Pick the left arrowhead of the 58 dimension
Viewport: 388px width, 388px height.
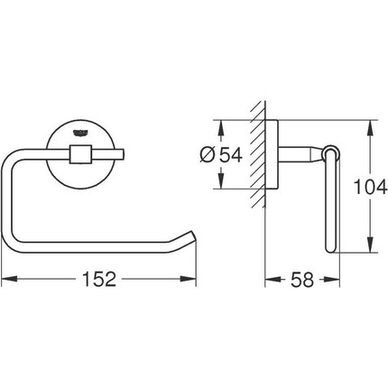click(268, 279)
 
